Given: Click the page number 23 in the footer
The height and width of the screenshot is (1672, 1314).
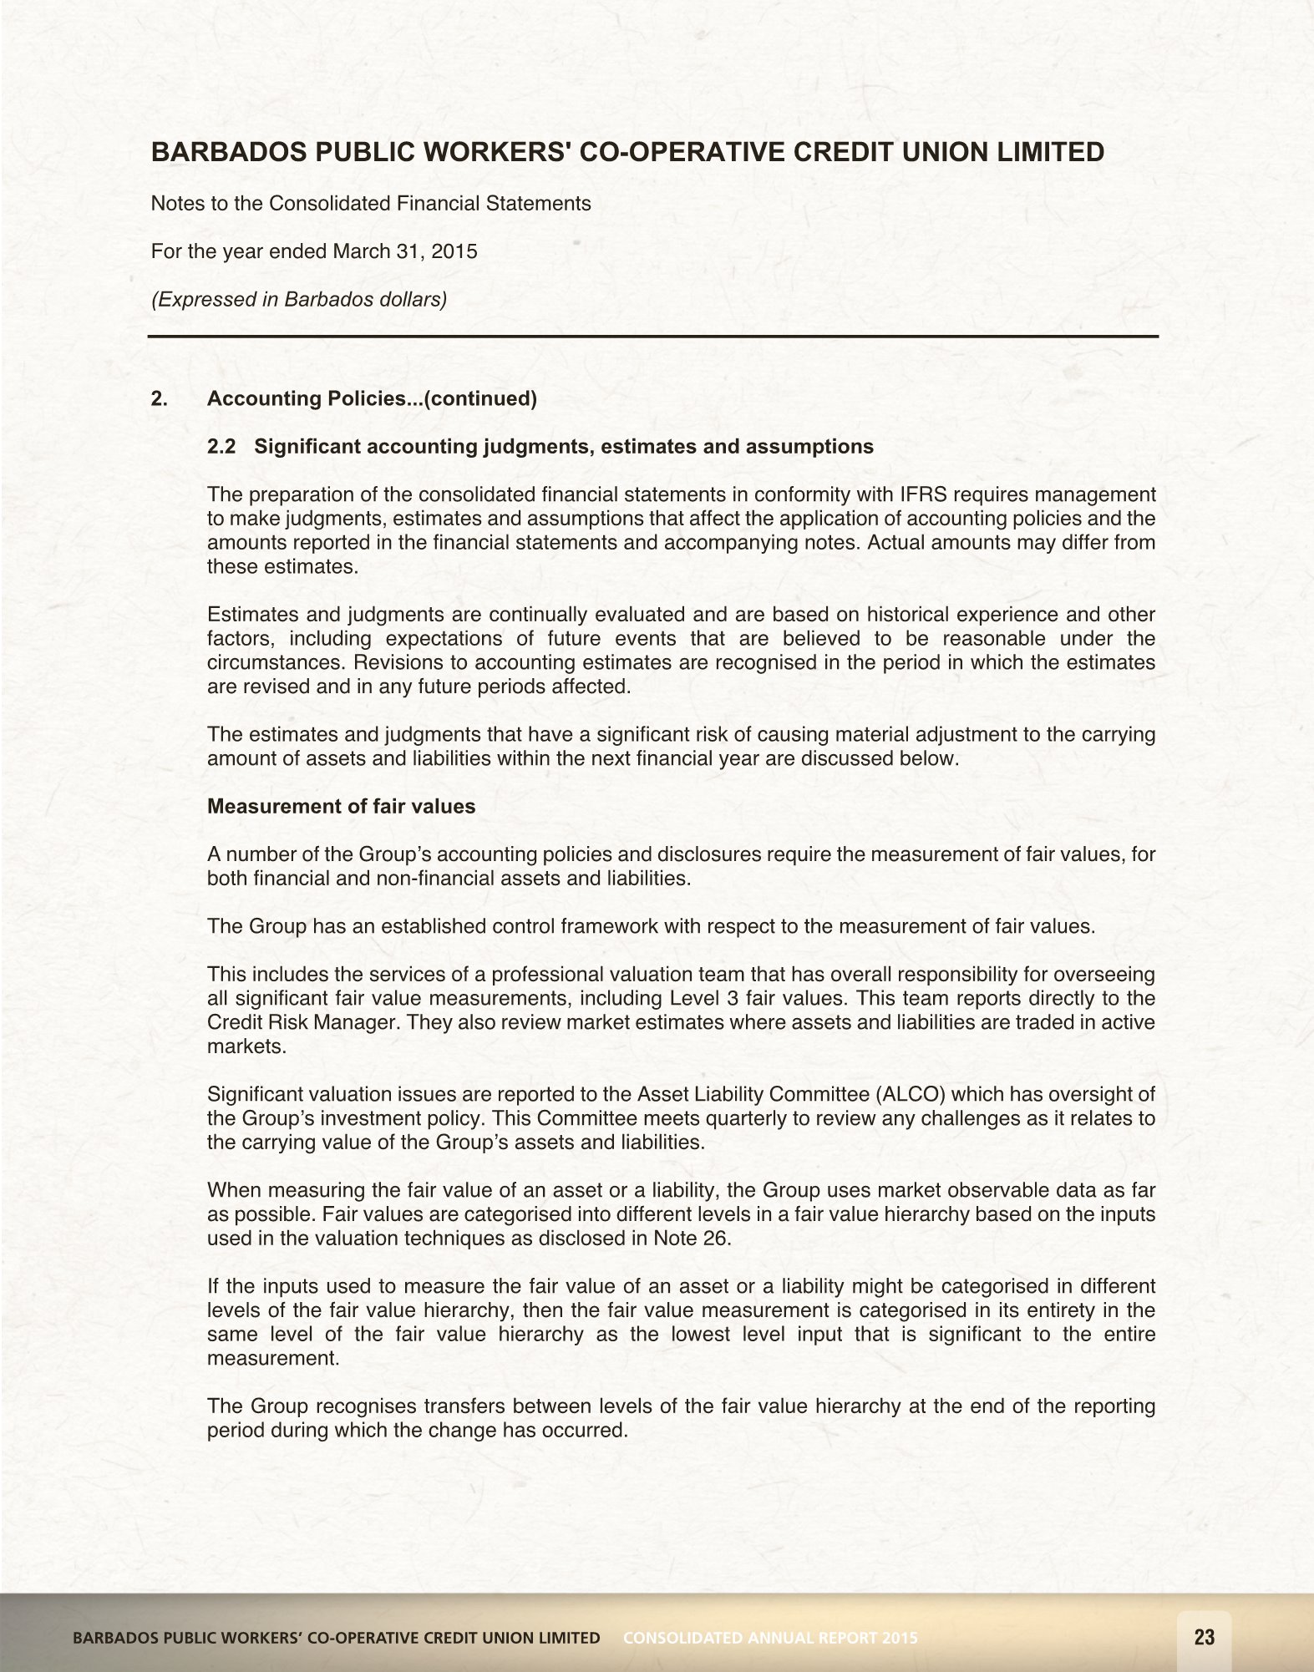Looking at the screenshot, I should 1204,1637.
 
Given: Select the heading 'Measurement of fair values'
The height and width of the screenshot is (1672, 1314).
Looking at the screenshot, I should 341,806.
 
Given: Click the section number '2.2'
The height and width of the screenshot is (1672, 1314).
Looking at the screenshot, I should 221,447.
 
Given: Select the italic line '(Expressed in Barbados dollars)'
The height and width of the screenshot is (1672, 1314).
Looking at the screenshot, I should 298,299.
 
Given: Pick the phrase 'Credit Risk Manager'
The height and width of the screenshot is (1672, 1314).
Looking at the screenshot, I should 301,1022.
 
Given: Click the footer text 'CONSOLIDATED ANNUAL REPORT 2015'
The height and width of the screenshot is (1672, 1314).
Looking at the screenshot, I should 770,1638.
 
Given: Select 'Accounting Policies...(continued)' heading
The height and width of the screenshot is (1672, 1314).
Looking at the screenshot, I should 372,398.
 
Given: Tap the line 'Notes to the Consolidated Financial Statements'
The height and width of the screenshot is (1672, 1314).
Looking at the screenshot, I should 370,204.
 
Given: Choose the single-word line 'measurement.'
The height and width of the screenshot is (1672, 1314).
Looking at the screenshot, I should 273,1358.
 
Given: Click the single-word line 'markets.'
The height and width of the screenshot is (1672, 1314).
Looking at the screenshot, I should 246,1046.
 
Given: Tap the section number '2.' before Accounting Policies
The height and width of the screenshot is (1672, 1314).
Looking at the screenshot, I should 159,398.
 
